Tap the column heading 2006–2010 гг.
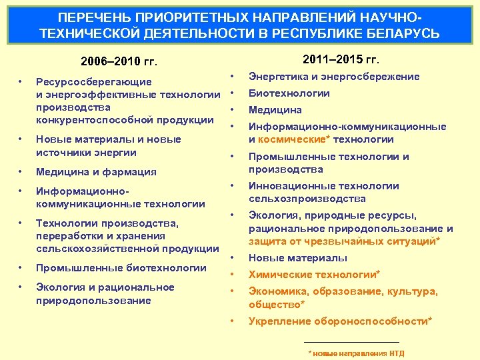point(119,62)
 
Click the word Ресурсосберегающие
point(93,82)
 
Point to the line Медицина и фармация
point(96,172)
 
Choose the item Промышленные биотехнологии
point(121,268)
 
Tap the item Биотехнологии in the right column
point(289,93)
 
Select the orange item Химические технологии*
point(314,275)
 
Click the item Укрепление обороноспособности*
point(340,321)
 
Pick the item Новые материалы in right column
point(297,258)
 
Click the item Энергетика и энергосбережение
point(334,77)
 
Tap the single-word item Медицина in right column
point(275,110)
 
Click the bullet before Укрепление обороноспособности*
point(232,321)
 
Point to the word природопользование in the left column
point(93,301)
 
